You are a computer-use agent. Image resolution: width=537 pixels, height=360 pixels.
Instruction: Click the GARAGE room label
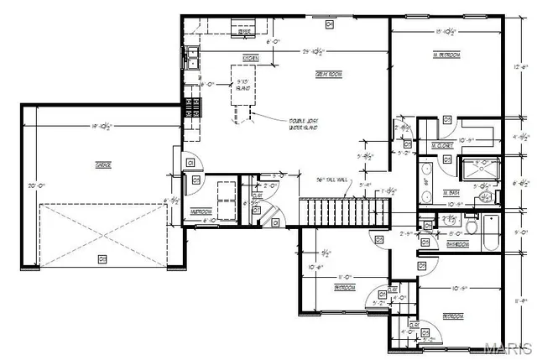(x=103, y=164)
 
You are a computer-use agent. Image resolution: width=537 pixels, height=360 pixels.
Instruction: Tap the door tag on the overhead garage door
(x=102, y=258)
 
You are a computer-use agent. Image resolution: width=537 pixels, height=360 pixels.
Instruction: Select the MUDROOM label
(x=201, y=211)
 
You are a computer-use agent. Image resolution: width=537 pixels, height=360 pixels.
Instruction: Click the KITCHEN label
(x=250, y=57)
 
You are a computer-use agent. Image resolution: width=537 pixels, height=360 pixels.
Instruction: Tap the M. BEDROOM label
(x=446, y=55)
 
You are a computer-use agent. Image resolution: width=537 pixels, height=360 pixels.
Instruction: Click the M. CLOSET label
(x=442, y=145)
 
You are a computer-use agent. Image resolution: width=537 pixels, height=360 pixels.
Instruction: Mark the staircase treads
(x=335, y=211)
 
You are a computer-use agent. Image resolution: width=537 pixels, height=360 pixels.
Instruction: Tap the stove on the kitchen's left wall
(x=192, y=107)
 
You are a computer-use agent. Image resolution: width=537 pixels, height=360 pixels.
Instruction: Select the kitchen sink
(x=192, y=57)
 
